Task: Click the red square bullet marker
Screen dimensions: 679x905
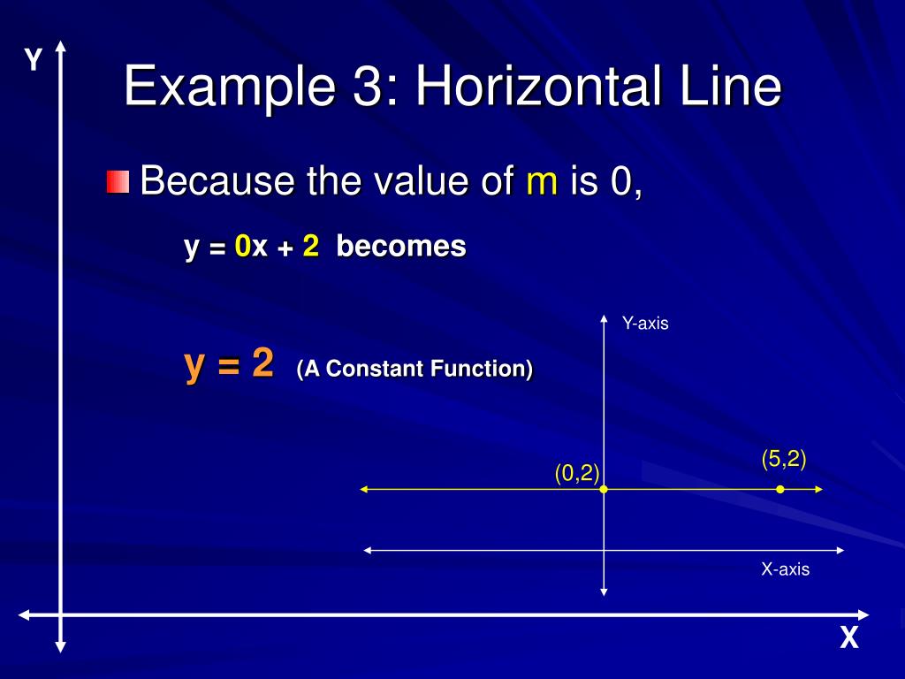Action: click(118, 183)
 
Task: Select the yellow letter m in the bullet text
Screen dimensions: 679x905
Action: click(542, 182)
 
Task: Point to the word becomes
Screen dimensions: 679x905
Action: click(400, 247)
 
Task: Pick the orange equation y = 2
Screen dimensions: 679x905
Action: click(229, 364)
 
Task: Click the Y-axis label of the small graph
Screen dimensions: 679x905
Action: click(645, 324)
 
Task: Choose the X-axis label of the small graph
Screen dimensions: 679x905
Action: click(785, 569)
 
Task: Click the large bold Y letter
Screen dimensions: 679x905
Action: click(34, 61)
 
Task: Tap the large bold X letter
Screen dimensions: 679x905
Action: click(849, 638)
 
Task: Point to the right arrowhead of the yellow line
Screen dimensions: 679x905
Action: click(819, 489)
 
